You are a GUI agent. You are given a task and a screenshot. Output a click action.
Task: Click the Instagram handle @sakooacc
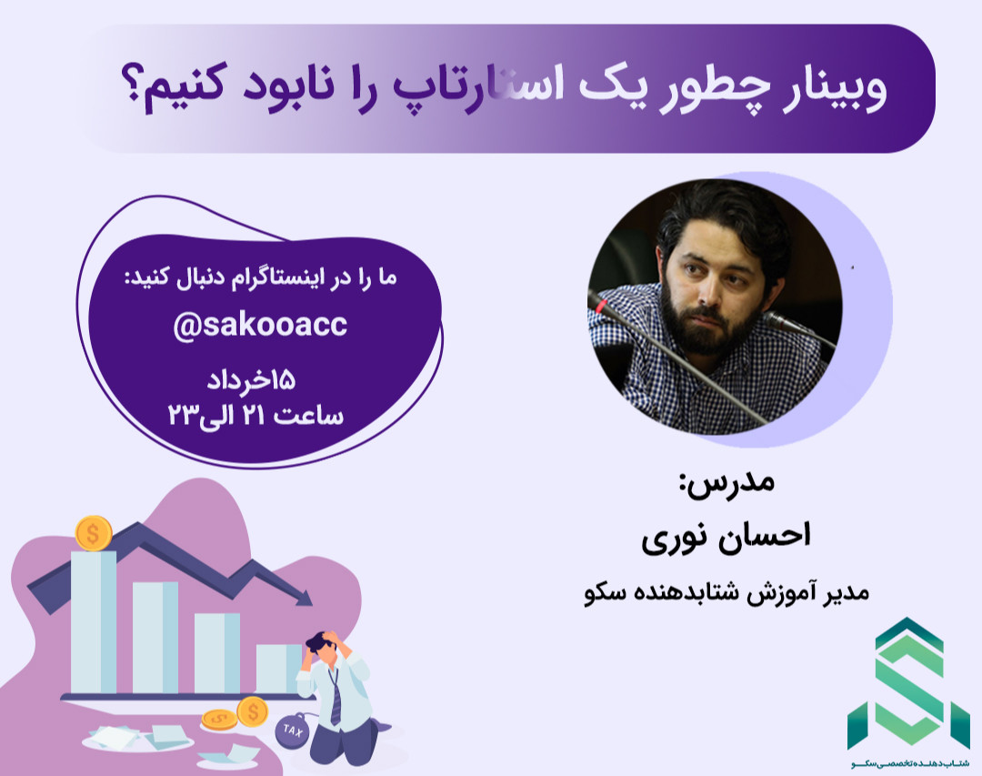(260, 326)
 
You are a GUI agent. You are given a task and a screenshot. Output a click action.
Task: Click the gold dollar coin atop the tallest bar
(94, 532)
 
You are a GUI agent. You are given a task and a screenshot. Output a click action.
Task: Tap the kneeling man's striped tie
(336, 697)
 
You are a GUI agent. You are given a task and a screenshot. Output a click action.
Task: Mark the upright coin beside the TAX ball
(252, 710)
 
